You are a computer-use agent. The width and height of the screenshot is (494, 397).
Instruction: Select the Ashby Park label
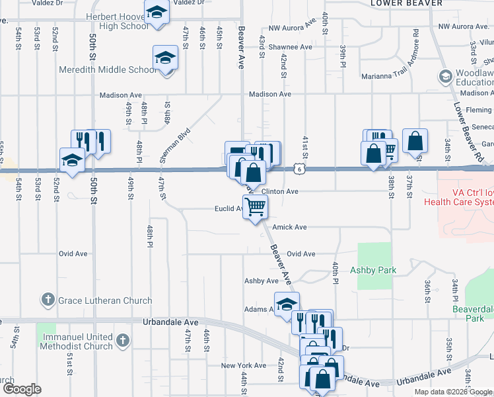click(x=372, y=270)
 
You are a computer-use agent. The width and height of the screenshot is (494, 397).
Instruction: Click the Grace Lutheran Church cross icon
click(x=48, y=300)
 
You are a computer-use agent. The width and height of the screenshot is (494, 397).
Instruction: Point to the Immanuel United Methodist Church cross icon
click(x=122, y=341)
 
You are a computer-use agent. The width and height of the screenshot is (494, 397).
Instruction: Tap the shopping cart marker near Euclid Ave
click(x=256, y=207)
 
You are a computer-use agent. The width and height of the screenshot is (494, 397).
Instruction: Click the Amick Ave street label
click(x=291, y=227)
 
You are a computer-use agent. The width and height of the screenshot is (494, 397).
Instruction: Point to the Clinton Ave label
click(x=280, y=191)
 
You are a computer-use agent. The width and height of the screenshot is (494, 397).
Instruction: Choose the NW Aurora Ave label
click(x=293, y=27)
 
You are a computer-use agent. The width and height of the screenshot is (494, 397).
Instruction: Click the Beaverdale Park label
click(x=473, y=313)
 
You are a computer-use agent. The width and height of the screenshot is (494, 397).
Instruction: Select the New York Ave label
click(x=243, y=365)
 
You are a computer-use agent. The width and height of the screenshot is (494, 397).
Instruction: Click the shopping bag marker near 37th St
click(x=415, y=141)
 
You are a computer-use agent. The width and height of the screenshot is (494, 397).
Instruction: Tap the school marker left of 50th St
click(x=73, y=160)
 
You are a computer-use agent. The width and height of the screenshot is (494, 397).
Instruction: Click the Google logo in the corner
click(x=21, y=388)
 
